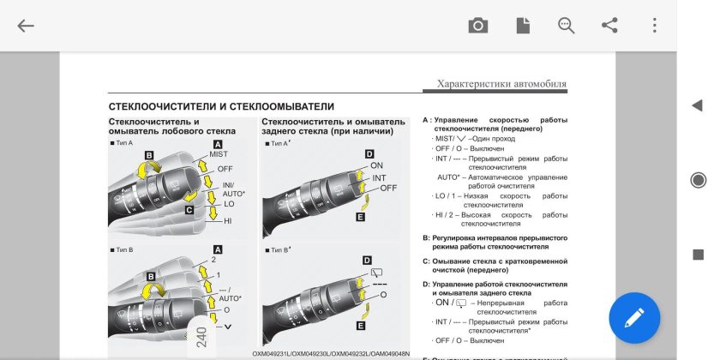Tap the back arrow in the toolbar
[26, 26]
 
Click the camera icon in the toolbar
[478, 26]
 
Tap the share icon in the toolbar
[609, 26]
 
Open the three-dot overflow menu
[654, 26]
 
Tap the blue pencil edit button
[634, 319]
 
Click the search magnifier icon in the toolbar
[566, 26]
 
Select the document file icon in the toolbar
[522, 26]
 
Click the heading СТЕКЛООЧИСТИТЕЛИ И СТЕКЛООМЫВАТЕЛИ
[221, 106]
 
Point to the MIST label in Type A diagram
[219, 154]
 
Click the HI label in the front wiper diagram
[228, 221]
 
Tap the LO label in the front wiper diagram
[229, 204]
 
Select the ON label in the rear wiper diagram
[376, 165]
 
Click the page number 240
[201, 335]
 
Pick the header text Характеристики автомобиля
[501, 84]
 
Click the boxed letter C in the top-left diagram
[190, 209]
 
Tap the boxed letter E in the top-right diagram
[360, 218]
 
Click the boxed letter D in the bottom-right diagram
[367, 260]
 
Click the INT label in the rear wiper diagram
[378, 177]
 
